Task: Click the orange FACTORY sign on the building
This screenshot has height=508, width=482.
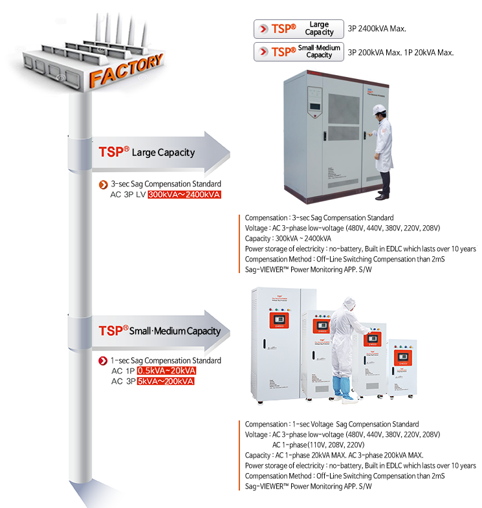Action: [x=126, y=72]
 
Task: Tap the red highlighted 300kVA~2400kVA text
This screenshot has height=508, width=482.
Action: [x=184, y=194]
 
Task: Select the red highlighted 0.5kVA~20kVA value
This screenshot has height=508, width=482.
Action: [x=166, y=371]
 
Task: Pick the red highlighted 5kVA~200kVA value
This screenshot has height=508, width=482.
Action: [x=166, y=381]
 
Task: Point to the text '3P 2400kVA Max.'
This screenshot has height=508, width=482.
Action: [x=377, y=29]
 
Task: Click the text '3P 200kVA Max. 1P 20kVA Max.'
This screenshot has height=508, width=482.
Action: [x=401, y=52]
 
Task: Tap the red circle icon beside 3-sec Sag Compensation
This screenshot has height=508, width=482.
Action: [x=103, y=184]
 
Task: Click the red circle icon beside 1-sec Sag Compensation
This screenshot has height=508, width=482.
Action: [x=103, y=360]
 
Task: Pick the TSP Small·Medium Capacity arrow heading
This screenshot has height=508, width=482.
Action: [x=159, y=331]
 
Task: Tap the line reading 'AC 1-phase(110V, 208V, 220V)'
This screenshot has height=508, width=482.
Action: [x=318, y=445]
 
